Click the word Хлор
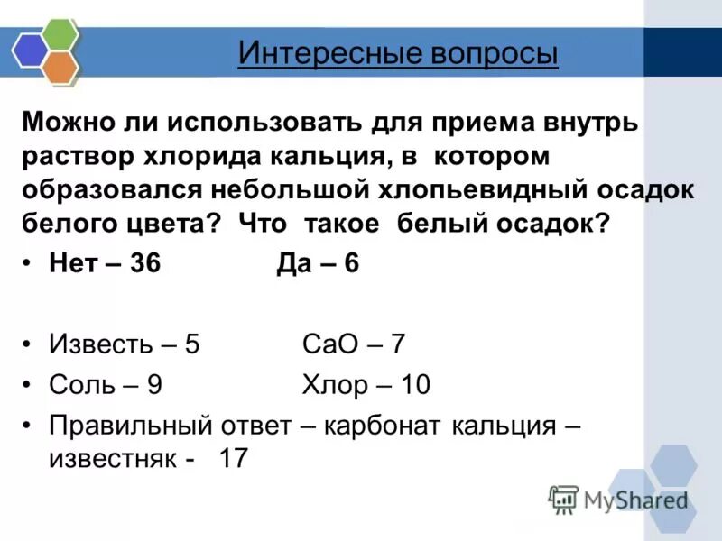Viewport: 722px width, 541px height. [x=335, y=386]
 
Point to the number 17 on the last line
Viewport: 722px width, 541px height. [x=233, y=458]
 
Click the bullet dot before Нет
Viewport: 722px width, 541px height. [x=29, y=266]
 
